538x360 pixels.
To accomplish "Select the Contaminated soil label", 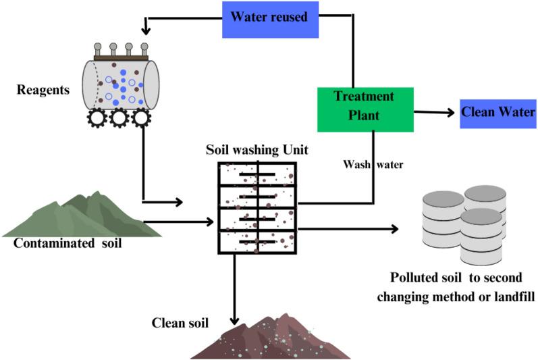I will tap(68, 242).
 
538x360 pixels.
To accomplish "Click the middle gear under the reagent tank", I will tap(119, 118).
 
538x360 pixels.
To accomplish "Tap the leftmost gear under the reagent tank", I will tap(98, 118).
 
